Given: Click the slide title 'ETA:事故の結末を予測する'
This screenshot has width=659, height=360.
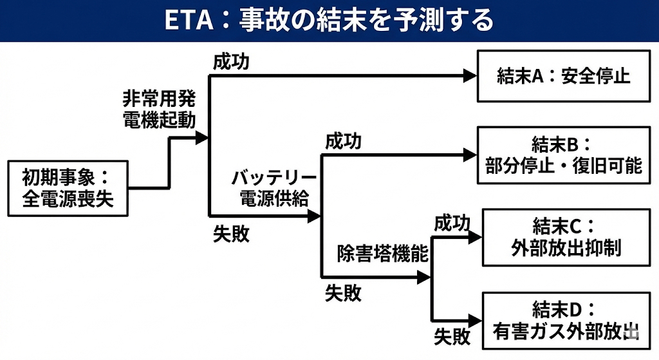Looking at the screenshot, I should coord(329,20).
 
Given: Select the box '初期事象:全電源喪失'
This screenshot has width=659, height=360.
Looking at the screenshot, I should coord(68,187).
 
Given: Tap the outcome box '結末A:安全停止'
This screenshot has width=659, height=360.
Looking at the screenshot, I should coord(563,77).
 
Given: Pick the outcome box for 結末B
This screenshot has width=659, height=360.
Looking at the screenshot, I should coord(563,155).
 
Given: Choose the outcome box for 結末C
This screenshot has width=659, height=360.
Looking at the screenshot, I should coord(566,237).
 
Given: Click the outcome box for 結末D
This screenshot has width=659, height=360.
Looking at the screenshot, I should coord(566,320).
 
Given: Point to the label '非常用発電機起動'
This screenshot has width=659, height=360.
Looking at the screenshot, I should coord(159,109).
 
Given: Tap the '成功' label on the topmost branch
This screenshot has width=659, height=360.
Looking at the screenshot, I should coord(231,62).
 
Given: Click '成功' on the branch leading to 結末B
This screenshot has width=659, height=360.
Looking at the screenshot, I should coord(343,140).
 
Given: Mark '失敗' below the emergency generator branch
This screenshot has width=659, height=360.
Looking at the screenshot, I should coord(231,234).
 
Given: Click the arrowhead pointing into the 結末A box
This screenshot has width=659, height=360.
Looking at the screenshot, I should coord(469,75).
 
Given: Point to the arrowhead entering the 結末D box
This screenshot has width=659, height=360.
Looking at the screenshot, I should coord(476,320).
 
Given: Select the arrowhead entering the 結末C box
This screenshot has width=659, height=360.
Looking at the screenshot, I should coord(476,237).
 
